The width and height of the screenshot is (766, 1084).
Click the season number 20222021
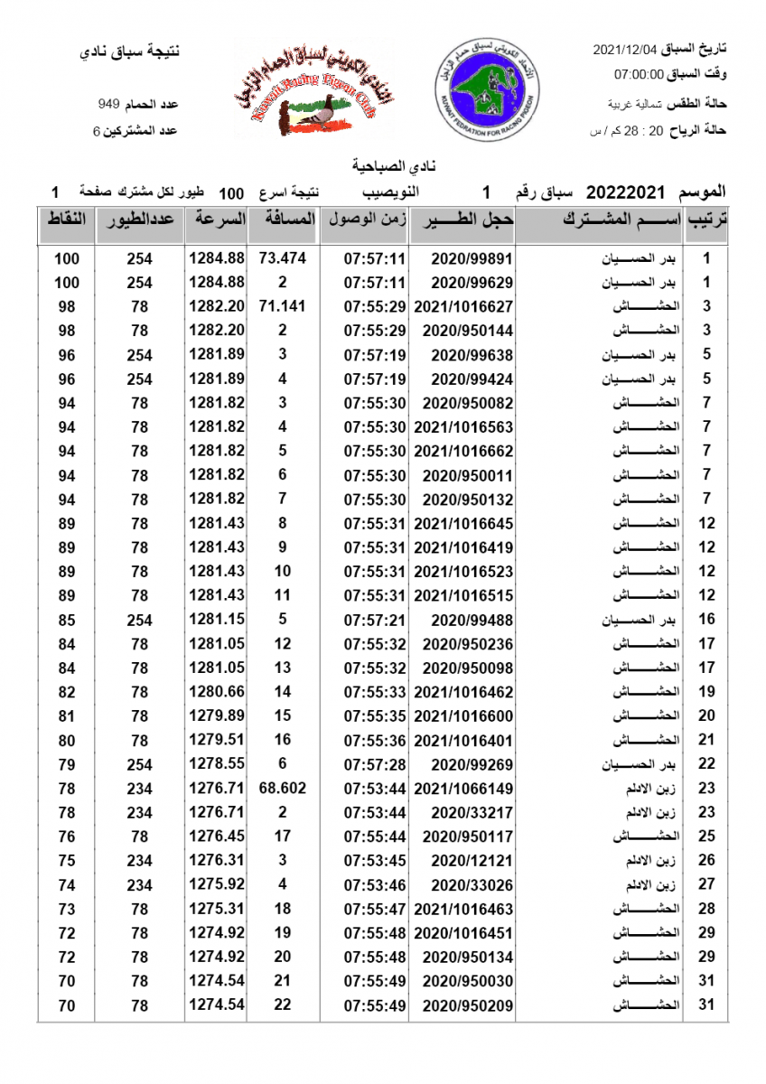[626, 192]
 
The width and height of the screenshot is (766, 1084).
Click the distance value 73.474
[283, 258]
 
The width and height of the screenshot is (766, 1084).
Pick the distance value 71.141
[283, 306]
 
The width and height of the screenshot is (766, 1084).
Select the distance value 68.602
[283, 789]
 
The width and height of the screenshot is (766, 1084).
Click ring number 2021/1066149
[462, 789]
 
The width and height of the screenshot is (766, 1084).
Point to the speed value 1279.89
[217, 716]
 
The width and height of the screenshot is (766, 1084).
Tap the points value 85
[67, 620]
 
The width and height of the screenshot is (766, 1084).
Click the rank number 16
[707, 620]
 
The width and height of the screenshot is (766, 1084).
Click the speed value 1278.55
[217, 764]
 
